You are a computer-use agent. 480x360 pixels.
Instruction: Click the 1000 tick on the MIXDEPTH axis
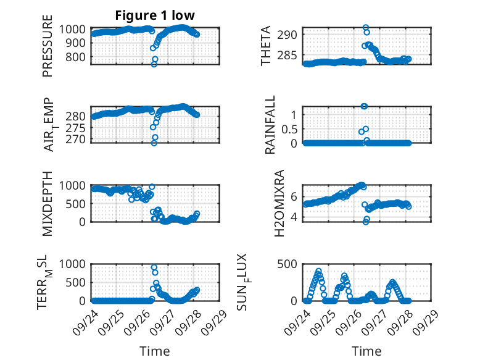click(73, 185)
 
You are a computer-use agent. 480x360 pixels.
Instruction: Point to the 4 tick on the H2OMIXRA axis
click(296, 217)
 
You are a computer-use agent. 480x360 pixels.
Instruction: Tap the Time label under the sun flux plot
click(366, 351)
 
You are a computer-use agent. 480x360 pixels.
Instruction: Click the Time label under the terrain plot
click(155, 351)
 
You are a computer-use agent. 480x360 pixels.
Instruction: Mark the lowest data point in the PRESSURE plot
click(154, 64)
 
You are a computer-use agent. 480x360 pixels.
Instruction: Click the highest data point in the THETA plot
click(366, 28)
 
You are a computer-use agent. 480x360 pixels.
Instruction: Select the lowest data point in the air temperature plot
click(154, 143)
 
